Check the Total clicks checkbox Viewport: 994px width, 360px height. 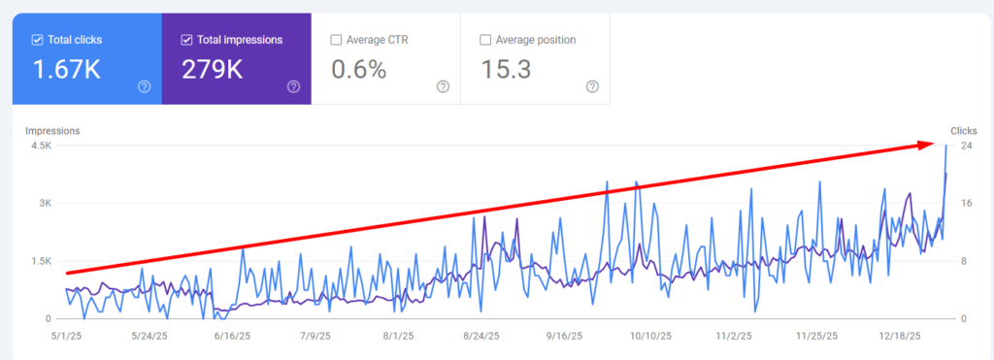coord(37,40)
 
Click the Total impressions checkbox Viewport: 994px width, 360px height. coord(186,40)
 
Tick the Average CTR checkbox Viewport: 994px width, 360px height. coord(336,40)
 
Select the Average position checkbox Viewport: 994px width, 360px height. coord(485,40)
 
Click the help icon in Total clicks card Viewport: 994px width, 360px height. coord(144,86)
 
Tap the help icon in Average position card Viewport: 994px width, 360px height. coord(592,86)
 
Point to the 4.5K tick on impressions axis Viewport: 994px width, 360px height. coord(41,146)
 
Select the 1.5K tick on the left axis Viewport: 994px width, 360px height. coord(41,261)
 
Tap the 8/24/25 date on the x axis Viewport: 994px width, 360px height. coord(481,336)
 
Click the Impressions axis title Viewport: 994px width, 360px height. coord(52,130)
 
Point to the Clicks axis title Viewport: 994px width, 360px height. coord(963,130)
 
